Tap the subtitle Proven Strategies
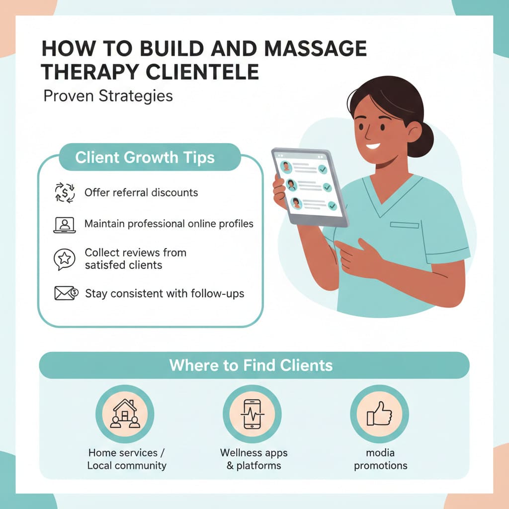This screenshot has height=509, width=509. coord(108,95)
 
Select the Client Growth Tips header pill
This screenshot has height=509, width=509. coord(145,158)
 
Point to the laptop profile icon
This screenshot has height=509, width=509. coord(64,225)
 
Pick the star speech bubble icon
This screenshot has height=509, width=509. coord(64,259)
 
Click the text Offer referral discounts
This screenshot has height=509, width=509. coord(141,192)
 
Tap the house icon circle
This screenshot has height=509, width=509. coord(125,414)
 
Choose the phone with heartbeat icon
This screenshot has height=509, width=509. coord(252,414)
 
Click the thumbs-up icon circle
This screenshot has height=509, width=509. coord(379,414)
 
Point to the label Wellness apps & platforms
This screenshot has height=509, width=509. coord(254,459)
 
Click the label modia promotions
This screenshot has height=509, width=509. coord(380,459)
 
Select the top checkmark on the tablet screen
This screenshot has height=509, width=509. coord(323,170)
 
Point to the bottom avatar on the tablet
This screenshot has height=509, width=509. coord(297,202)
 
